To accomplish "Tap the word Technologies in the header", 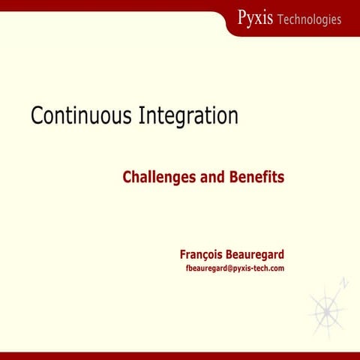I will (x=309, y=19).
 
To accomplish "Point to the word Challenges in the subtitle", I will (x=158, y=178).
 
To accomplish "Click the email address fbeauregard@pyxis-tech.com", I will (x=235, y=268).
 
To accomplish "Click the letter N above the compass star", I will (x=344, y=283).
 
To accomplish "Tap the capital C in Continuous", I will (x=37, y=116).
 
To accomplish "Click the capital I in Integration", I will (x=143, y=116).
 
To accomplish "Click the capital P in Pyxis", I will (x=241, y=17).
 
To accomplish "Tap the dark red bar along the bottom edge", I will (x=180, y=355).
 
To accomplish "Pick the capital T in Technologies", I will (x=280, y=19).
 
